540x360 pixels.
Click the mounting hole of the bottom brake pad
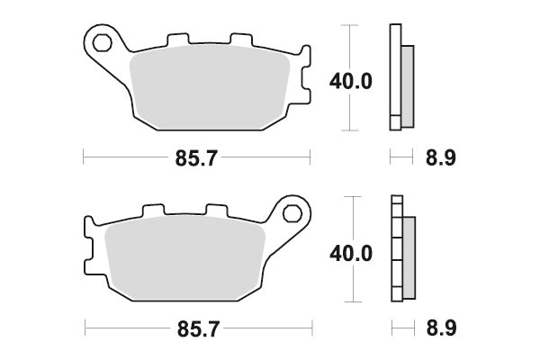(292, 212)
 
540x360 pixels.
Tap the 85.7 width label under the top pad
(195, 158)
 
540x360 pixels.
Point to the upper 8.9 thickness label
(440, 158)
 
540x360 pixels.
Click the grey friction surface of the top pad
(211, 85)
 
